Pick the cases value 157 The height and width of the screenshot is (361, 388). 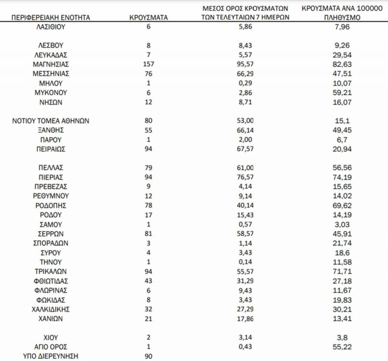(x=149, y=64)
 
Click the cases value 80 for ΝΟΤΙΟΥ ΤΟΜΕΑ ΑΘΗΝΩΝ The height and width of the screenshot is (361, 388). (x=149, y=121)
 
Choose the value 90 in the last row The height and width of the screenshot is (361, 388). (x=149, y=356)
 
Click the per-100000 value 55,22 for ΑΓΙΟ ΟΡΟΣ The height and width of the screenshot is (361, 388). (x=340, y=346)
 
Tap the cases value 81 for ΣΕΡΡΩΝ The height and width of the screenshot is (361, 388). (x=149, y=233)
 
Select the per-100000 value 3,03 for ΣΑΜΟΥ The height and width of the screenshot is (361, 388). (x=340, y=224)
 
